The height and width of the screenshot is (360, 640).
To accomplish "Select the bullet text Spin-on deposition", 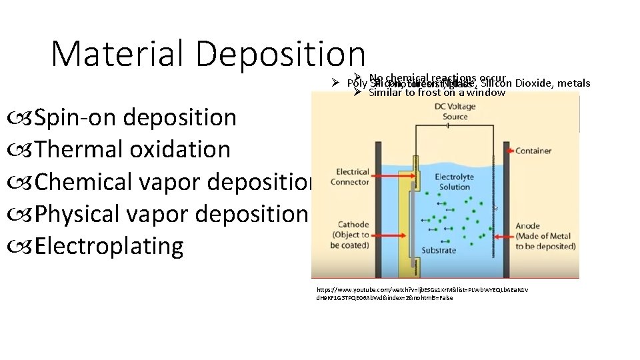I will (135, 117).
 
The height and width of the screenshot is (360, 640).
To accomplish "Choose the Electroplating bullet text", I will (109, 246).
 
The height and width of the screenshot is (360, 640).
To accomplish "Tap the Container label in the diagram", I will (533, 151).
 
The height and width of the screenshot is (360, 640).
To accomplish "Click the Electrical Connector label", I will (353, 177).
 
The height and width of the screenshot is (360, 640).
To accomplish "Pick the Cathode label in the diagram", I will (353, 235).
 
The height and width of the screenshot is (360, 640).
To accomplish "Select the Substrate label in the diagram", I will (438, 251).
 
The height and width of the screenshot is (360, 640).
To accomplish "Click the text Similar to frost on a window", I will (437, 93).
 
